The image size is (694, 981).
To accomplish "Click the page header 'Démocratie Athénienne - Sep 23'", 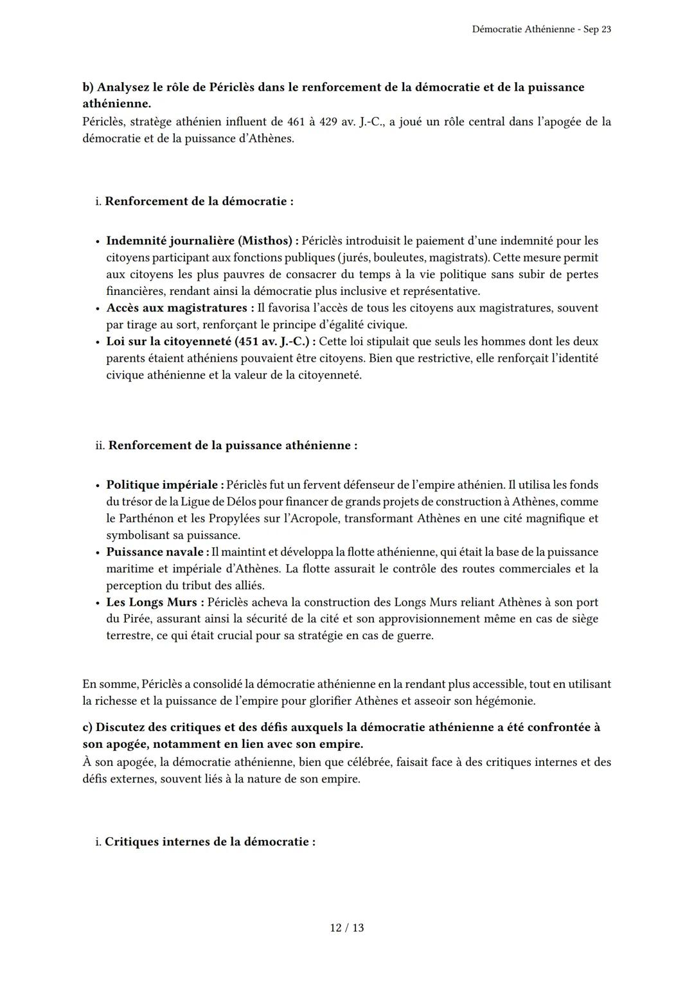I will coord(541,30).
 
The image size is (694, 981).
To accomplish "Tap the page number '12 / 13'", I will coord(347,928).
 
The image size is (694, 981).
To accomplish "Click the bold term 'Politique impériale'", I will coord(165,485).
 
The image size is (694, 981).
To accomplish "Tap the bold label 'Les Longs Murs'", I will coord(155,602).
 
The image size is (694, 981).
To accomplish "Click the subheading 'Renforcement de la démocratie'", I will coord(199,201).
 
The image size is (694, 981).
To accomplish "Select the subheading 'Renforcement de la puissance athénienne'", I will coord(233,445).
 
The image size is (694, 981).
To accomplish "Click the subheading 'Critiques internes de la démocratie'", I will coord(209,842).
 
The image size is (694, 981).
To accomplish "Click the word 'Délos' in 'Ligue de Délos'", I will coord(231,502).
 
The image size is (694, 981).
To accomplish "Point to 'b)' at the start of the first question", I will coord(88,87).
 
